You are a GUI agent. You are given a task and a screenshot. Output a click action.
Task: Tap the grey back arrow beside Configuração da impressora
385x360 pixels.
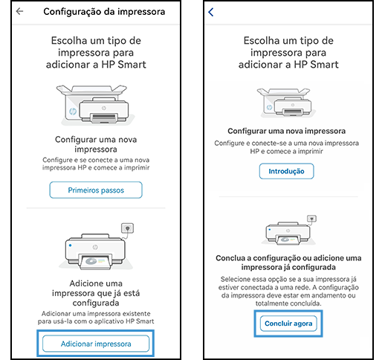(x=19, y=11)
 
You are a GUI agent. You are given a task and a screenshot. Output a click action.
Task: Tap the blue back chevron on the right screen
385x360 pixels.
(x=211, y=12)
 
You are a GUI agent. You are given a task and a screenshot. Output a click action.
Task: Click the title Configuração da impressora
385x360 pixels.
(x=104, y=12)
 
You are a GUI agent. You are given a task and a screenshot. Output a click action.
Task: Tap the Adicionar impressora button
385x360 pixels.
(x=96, y=344)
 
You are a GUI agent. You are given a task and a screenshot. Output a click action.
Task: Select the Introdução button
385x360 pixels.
(x=287, y=171)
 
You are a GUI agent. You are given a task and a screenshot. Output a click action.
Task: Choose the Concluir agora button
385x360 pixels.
(x=288, y=324)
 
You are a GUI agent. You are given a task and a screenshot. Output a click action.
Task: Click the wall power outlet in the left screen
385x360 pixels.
(x=127, y=228)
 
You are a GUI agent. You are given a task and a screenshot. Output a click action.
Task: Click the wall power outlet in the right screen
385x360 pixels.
(x=311, y=219)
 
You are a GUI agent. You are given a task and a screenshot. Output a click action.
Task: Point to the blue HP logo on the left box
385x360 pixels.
(x=73, y=112)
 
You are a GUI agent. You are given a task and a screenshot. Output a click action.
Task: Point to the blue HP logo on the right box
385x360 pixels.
(x=269, y=107)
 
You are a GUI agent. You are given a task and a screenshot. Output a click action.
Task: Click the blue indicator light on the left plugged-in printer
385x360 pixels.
(x=71, y=245)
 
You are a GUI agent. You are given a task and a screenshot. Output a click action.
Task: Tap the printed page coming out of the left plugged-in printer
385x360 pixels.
(x=96, y=262)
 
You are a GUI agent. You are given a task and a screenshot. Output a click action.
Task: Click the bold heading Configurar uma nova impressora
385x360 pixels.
(x=287, y=131)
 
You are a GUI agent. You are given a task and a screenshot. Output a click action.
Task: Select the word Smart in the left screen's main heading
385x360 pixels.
(x=132, y=65)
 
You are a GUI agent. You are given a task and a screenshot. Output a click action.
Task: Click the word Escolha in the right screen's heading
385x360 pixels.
(x=262, y=40)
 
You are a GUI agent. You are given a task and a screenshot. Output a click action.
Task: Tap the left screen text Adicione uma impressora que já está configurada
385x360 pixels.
(x=96, y=293)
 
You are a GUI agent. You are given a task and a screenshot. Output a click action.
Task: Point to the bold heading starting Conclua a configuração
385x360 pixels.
(x=288, y=263)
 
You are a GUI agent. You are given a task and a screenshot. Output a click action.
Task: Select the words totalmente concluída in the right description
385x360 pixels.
(x=288, y=303)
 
